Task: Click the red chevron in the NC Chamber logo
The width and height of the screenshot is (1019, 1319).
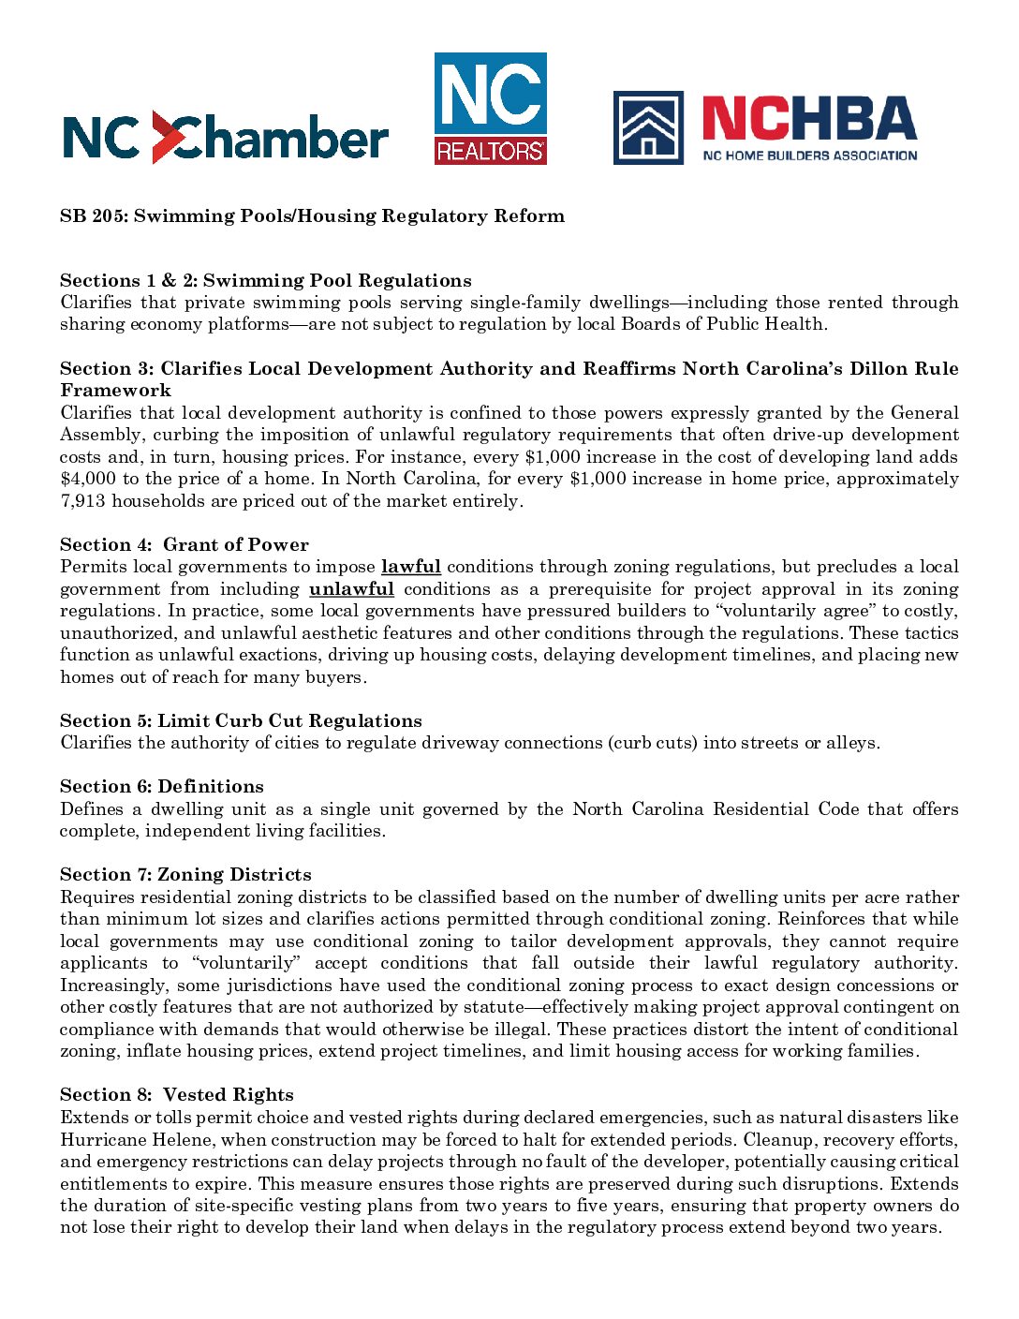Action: (165, 137)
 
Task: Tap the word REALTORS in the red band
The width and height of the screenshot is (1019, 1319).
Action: (490, 151)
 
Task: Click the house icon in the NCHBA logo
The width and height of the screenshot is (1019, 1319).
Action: (648, 127)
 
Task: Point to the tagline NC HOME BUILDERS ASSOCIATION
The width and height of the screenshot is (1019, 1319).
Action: (810, 156)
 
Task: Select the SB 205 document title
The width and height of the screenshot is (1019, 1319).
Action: (312, 216)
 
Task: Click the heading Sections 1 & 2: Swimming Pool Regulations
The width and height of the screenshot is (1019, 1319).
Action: (265, 280)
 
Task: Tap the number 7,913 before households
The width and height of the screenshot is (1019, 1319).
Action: (82, 501)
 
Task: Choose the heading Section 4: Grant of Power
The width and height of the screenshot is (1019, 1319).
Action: (184, 545)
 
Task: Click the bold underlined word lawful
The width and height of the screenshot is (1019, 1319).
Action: (410, 567)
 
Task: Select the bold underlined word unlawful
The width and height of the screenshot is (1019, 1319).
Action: (351, 589)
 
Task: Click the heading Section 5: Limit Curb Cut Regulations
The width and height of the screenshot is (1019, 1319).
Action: (241, 721)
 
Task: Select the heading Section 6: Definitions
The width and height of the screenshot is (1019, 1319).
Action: (161, 787)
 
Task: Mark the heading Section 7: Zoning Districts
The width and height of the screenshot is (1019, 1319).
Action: (185, 875)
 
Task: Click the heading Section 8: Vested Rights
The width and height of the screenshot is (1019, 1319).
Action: (176, 1095)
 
